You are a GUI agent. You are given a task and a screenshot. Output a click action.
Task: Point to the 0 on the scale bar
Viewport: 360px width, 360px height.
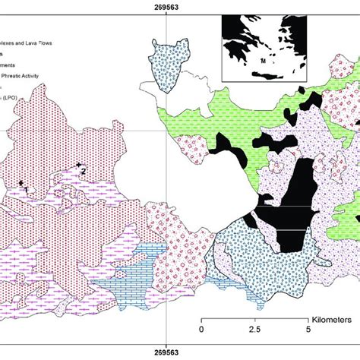tap(201, 329)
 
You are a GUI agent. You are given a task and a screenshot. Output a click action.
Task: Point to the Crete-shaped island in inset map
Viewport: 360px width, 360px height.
tap(262, 74)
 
